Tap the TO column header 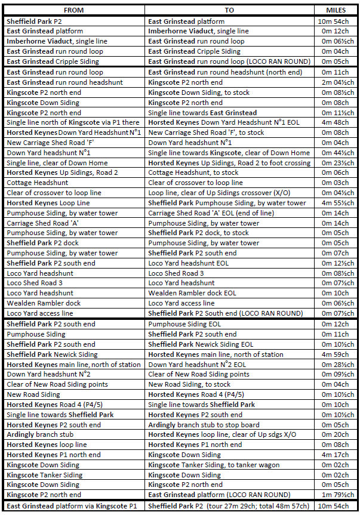(229, 10)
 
